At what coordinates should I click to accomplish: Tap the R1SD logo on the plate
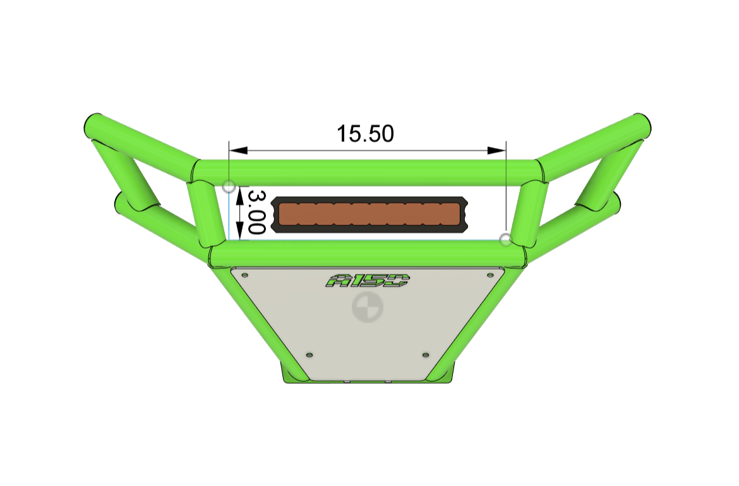pos(368,280)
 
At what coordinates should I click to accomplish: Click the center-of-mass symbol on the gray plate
pos(366,308)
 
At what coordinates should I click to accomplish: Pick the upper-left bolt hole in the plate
pos(246,275)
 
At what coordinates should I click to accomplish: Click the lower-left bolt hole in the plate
pos(309,355)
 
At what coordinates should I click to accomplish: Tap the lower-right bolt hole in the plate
pos(425,355)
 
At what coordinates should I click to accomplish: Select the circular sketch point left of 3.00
pos(229,186)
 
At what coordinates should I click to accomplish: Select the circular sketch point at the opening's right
pos(505,239)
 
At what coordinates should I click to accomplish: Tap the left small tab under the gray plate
pos(347,382)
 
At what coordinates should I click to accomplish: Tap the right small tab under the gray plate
pos(389,382)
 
